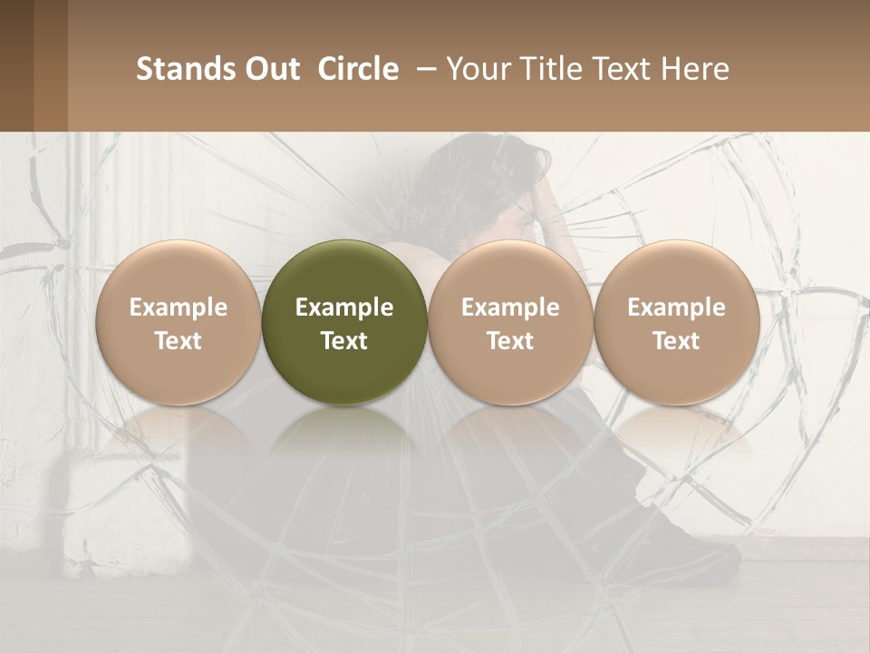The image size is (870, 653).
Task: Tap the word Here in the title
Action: (x=694, y=69)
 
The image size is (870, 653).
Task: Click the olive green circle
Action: (x=344, y=272)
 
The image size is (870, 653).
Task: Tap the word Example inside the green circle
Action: (x=344, y=307)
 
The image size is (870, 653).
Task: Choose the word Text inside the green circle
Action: (x=344, y=341)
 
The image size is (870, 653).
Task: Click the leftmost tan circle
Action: (x=178, y=272)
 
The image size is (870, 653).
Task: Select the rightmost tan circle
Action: (x=676, y=272)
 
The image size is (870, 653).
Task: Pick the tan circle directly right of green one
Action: (x=510, y=272)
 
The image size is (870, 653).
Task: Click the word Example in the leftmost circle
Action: (x=178, y=307)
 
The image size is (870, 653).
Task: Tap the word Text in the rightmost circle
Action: (x=676, y=341)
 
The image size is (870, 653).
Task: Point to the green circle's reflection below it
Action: (x=344, y=444)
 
